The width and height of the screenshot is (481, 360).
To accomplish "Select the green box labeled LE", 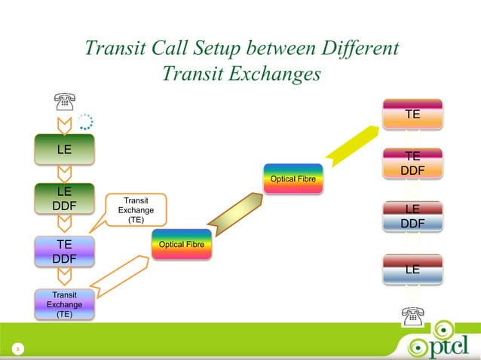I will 65,149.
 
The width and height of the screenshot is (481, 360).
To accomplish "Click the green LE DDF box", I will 65,197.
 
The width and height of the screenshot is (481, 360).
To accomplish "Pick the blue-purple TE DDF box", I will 65,251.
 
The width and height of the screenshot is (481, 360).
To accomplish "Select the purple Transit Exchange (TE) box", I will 65,304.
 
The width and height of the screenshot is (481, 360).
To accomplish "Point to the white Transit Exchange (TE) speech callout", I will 136,210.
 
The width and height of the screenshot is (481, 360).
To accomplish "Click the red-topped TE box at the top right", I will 412,114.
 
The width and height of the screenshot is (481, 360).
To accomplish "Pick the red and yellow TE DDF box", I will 412,164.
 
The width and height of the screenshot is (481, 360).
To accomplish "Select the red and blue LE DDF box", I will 412,216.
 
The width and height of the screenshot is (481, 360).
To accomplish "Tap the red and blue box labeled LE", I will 412,269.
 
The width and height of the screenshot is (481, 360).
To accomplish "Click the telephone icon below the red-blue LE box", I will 412,316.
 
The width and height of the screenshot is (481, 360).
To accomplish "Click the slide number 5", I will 14,349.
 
